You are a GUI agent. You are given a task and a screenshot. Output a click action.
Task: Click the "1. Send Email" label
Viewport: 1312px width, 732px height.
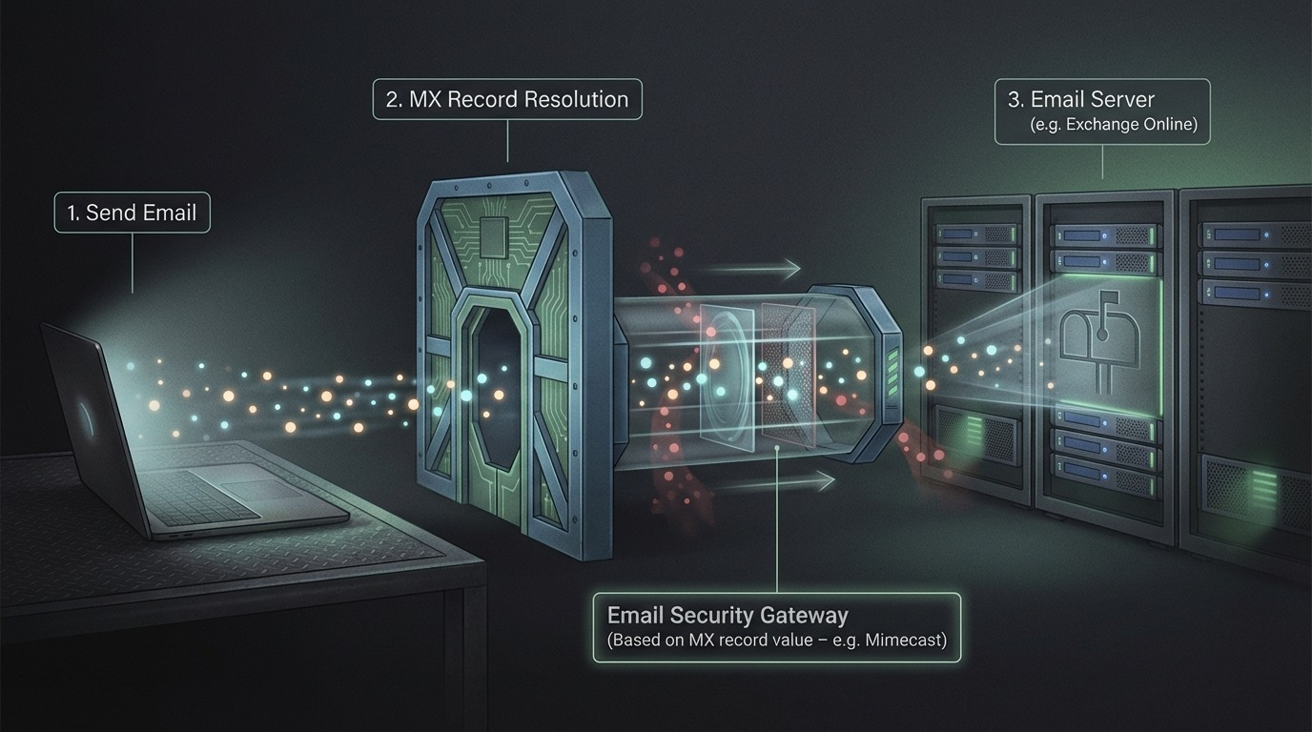(132, 213)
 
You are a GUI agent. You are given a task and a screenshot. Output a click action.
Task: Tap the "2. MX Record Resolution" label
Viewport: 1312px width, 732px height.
(507, 99)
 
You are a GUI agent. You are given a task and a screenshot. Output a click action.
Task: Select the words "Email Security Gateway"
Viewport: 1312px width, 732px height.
(728, 615)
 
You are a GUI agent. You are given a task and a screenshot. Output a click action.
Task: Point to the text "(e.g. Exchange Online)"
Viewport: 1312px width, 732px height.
(1114, 124)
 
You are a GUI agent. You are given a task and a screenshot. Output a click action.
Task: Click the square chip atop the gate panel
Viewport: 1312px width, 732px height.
(496, 232)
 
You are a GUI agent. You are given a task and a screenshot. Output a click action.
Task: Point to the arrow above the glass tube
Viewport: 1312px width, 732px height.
(752, 269)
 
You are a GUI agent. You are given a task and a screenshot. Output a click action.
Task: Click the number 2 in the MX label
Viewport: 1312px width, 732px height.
(393, 99)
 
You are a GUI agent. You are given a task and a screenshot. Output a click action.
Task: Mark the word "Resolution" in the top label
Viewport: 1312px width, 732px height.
(583, 99)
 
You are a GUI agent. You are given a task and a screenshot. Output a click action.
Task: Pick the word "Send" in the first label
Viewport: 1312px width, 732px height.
(108, 213)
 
